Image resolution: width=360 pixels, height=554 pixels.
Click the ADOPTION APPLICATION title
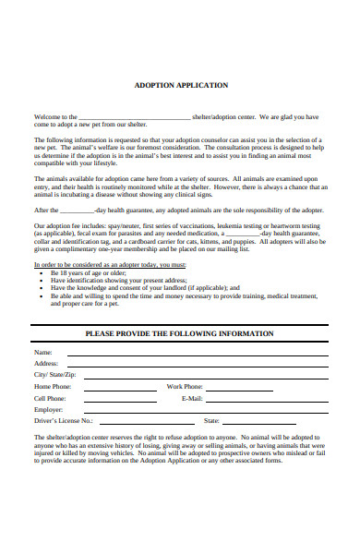click(180, 85)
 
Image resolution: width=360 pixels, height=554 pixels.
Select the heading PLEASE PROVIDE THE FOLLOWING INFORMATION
click(179, 332)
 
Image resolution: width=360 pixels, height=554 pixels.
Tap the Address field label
click(46, 364)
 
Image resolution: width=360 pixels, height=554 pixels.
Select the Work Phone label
click(185, 386)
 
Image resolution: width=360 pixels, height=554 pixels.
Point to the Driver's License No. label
click(64, 420)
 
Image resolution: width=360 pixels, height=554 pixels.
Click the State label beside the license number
click(211, 420)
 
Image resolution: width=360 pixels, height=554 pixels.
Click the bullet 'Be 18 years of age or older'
click(89, 273)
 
